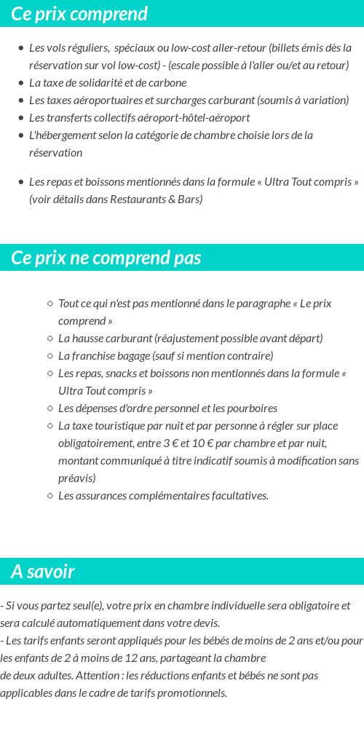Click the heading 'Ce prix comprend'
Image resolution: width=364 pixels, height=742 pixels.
tap(79, 14)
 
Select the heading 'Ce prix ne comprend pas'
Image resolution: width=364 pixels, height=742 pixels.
tap(106, 258)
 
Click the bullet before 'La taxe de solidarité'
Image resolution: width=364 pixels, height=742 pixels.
tap(21, 83)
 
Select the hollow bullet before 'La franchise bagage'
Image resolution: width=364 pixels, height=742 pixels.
tap(50, 356)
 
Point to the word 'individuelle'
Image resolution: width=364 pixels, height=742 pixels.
tap(214, 606)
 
